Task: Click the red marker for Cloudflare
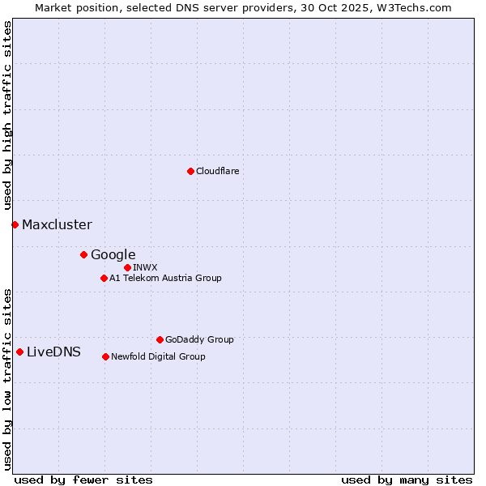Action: click(x=190, y=171)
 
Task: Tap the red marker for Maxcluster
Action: click(x=15, y=224)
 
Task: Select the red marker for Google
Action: click(x=83, y=254)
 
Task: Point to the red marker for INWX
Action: click(x=127, y=267)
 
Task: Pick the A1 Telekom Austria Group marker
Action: click(x=104, y=278)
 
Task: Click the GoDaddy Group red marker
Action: click(x=160, y=339)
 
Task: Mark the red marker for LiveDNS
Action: click(x=19, y=352)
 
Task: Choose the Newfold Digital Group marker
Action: click(x=105, y=356)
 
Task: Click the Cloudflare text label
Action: click(x=218, y=171)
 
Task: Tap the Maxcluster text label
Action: click(x=57, y=224)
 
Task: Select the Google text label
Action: click(x=113, y=254)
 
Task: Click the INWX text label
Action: click(x=145, y=267)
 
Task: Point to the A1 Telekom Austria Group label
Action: click(x=165, y=278)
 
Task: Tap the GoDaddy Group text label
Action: click(x=199, y=339)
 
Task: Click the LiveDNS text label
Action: click(x=53, y=352)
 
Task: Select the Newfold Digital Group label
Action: click(x=158, y=356)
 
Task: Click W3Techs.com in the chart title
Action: click(x=417, y=7)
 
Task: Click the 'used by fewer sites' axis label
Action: click(x=83, y=480)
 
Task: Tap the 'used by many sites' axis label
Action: click(x=407, y=480)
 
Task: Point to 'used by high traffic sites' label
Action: click(x=7, y=116)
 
